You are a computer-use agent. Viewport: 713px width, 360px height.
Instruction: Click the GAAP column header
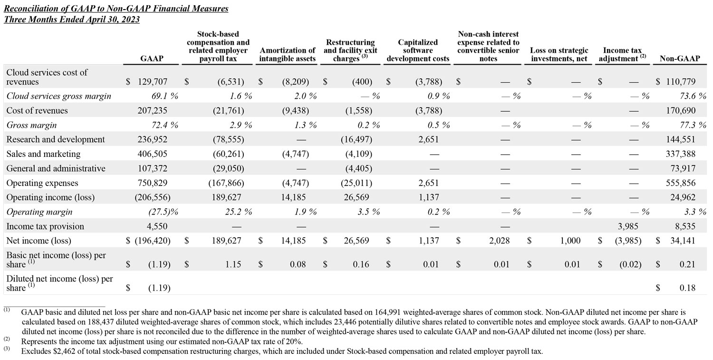point(152,58)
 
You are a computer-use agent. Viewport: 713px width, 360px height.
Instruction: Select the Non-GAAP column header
point(679,58)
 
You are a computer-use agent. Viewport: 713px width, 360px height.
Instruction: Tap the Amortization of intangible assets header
point(288,54)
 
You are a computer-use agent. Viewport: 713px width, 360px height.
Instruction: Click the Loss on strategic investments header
point(559,54)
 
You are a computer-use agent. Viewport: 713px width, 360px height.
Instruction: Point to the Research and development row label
point(56,140)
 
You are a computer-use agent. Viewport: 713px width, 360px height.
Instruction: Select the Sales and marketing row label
point(43,154)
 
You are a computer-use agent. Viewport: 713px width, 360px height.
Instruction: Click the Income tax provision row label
point(45,226)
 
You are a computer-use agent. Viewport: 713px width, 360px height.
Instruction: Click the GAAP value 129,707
point(153,82)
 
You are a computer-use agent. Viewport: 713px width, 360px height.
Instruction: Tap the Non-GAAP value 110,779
point(681,82)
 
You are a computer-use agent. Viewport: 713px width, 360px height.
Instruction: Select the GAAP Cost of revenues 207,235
point(153,111)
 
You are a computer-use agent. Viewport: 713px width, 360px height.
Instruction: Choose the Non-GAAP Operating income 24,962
point(683,197)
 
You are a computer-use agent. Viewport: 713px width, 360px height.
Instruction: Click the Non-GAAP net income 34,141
point(683,241)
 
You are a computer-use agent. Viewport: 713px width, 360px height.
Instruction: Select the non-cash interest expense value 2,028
point(499,241)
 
